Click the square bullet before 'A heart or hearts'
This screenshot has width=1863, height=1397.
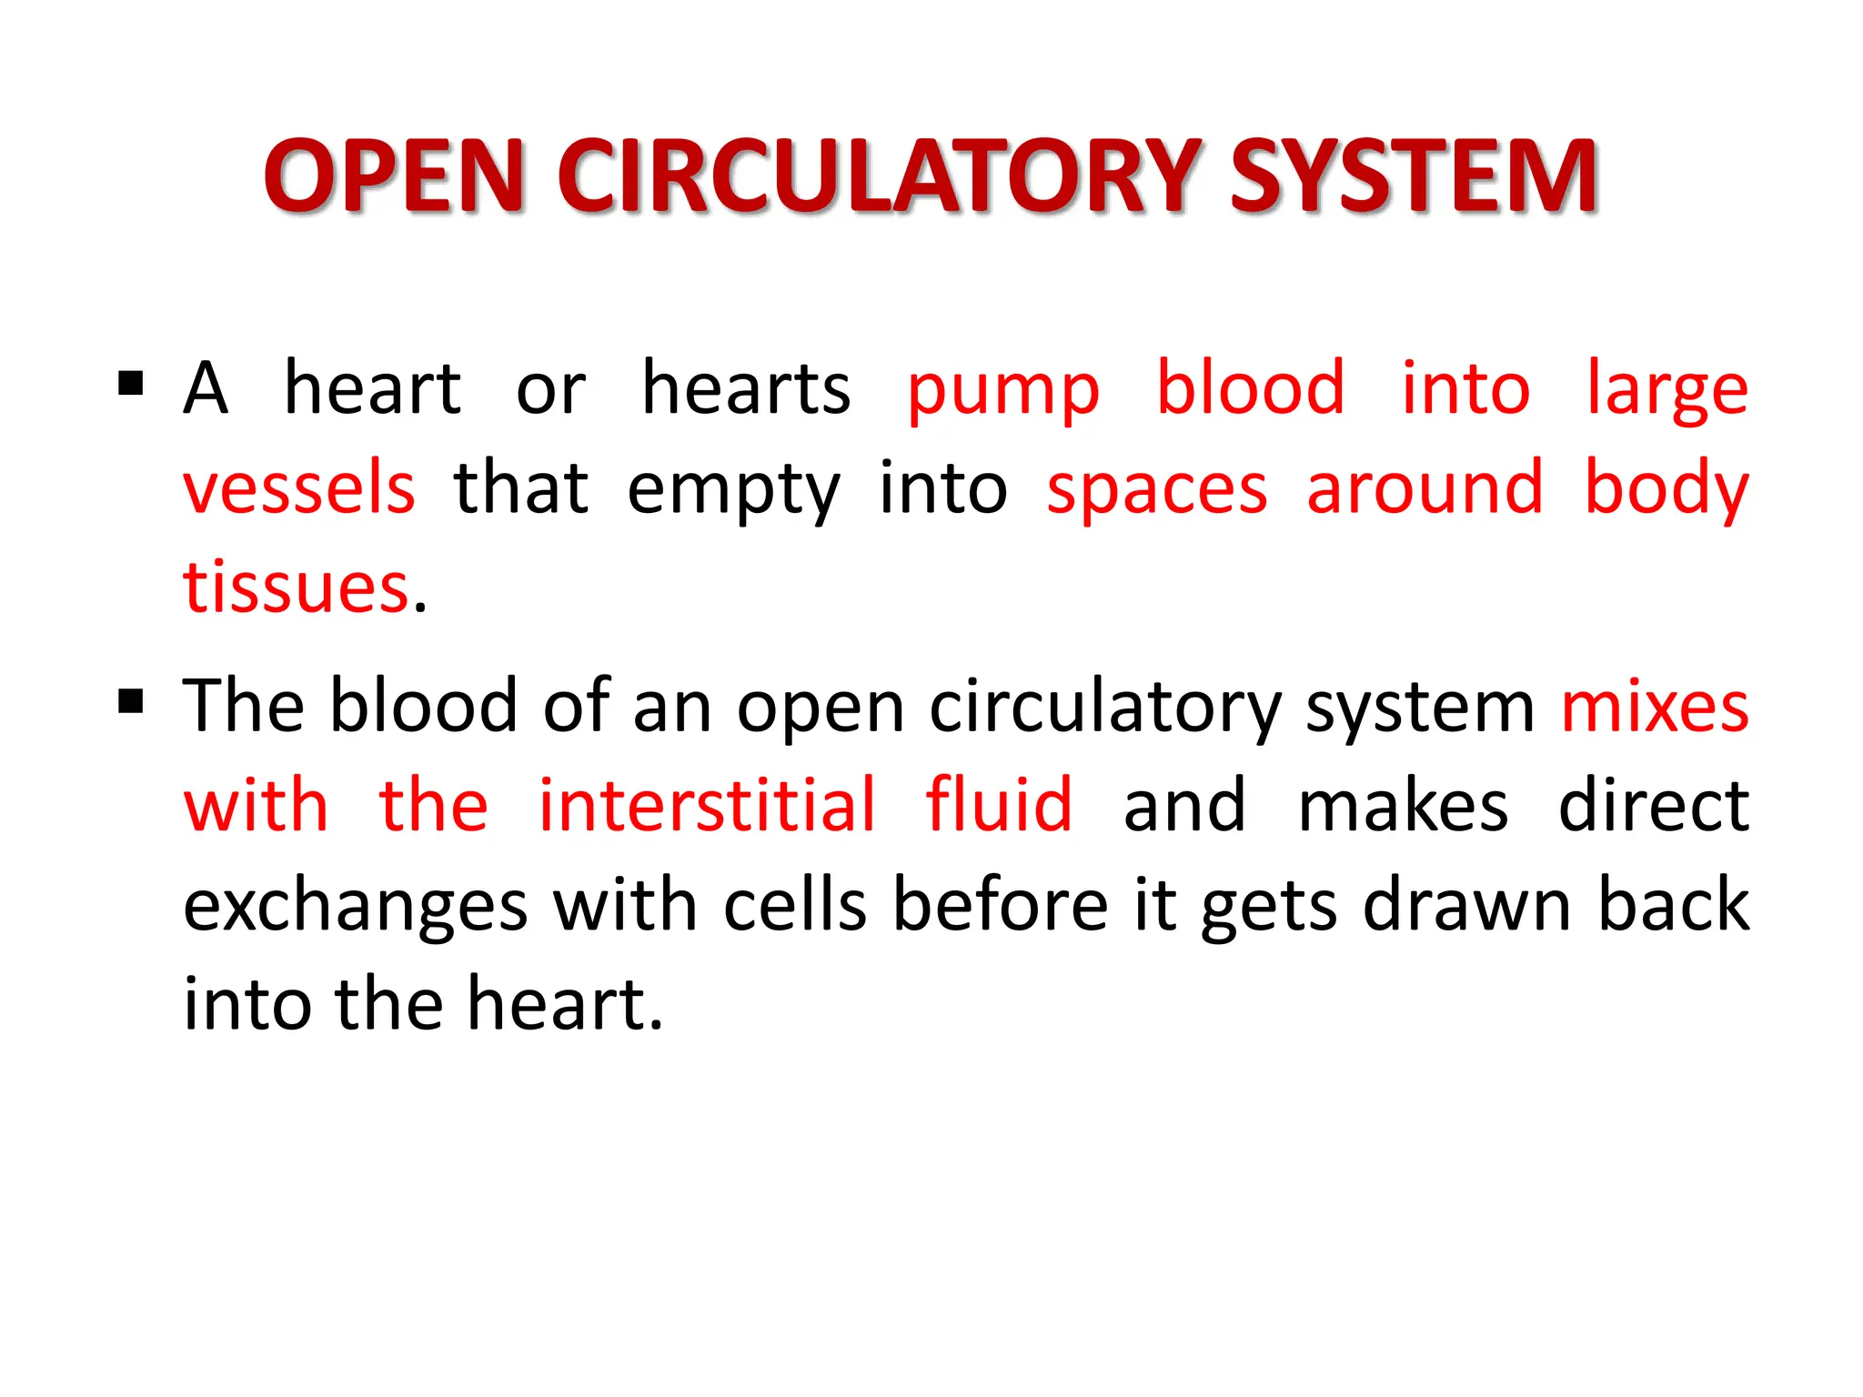(x=131, y=385)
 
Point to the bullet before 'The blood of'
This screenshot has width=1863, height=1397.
(x=131, y=702)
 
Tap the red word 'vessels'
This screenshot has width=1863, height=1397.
(x=299, y=488)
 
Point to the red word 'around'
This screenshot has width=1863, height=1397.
(x=1425, y=488)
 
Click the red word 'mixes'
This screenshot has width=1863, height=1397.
(x=1655, y=708)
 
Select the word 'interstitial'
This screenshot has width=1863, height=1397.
(x=707, y=806)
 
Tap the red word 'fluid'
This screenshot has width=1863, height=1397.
(x=999, y=806)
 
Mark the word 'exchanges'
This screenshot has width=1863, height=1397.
(x=356, y=906)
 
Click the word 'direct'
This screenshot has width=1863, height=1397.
(x=1654, y=806)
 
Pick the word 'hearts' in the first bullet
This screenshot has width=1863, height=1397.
(x=746, y=389)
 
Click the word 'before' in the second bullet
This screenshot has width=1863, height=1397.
(x=1000, y=906)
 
